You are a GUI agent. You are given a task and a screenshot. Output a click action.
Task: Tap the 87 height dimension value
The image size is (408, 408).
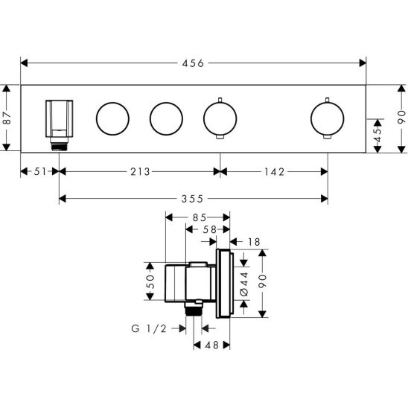click(7, 118)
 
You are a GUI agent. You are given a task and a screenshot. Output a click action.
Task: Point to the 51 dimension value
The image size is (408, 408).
click(39, 171)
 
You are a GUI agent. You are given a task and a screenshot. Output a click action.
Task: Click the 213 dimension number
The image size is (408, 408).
click(138, 171)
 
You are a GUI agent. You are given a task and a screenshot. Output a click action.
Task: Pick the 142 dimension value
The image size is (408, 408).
click(273, 171)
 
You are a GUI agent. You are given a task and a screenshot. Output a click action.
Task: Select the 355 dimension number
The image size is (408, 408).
click(193, 198)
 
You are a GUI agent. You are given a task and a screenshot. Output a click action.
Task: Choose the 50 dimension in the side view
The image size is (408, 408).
click(150, 283)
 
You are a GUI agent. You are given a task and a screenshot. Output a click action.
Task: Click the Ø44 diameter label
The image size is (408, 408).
click(244, 284)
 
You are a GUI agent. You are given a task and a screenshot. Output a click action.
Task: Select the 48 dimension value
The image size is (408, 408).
click(211, 345)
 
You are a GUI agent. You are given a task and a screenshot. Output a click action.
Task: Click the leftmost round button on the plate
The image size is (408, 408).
click(112, 118)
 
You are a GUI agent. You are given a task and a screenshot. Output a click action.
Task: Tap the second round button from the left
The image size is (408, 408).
click(165, 118)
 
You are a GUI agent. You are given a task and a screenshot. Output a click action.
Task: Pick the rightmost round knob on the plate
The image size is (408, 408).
click(326, 118)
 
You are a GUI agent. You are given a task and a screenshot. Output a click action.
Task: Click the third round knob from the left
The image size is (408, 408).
click(219, 118)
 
